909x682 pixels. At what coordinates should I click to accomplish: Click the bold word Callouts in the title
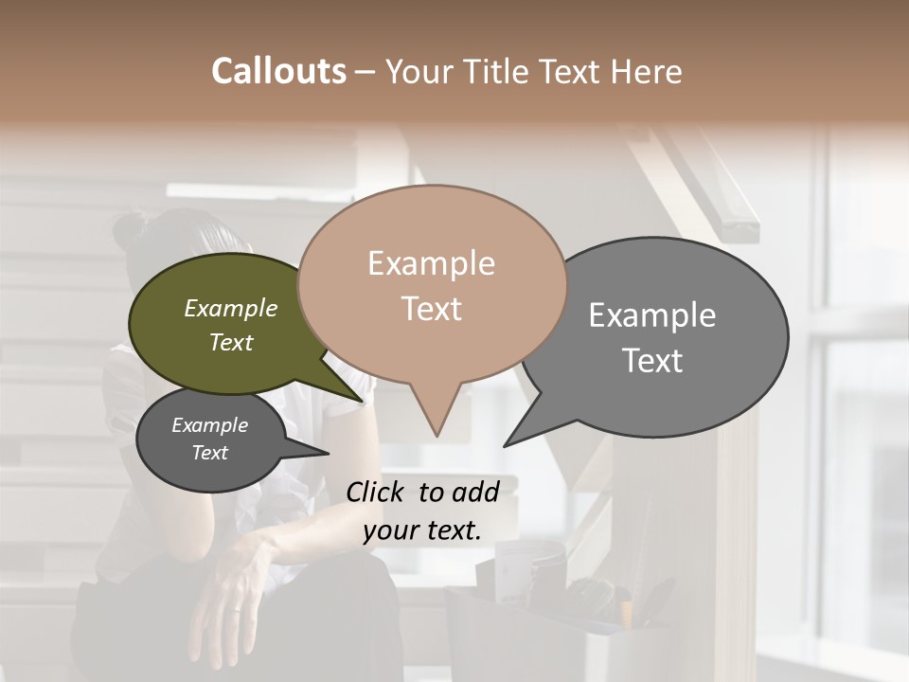tap(278, 71)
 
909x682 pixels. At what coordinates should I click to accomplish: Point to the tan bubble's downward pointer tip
tap(437, 434)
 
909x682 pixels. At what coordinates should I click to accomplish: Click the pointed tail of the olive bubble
tap(360, 398)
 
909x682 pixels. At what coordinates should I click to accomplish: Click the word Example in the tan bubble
tap(431, 263)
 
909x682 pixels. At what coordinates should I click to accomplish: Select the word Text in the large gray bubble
tap(652, 360)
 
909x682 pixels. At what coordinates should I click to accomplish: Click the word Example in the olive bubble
tap(231, 308)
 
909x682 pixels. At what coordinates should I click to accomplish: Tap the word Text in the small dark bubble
tap(209, 453)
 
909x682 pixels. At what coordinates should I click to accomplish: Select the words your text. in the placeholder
tap(422, 530)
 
